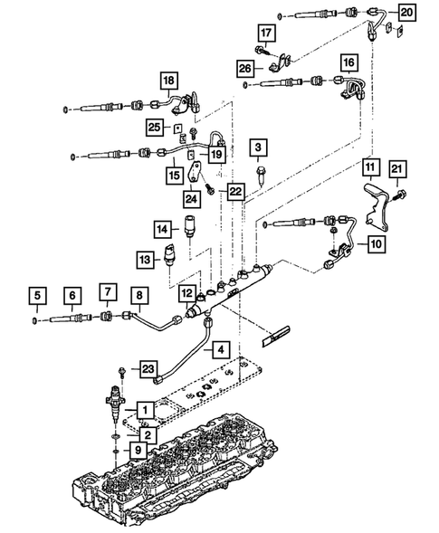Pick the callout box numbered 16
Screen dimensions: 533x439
pos(349,62)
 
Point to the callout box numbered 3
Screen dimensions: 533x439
pos(260,147)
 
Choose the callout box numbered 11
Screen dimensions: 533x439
pos(371,167)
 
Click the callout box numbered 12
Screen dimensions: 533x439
pos(186,294)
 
